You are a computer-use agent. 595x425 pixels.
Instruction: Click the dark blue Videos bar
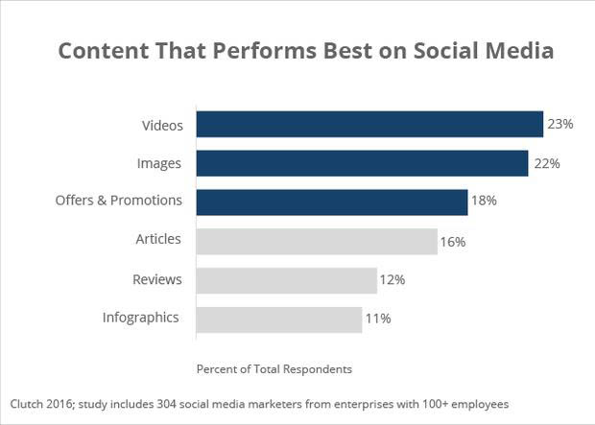(x=369, y=125)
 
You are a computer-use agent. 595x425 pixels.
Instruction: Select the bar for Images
(x=362, y=163)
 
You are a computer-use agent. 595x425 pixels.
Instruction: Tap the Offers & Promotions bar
(x=331, y=201)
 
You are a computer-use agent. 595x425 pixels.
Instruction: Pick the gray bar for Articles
(x=317, y=241)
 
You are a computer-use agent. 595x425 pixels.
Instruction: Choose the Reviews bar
(x=286, y=280)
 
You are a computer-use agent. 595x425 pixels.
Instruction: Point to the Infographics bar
(x=278, y=319)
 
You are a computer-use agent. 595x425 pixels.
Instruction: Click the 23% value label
(x=560, y=125)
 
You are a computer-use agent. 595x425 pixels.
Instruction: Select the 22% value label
(x=546, y=164)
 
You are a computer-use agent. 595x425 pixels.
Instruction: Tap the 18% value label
(x=483, y=202)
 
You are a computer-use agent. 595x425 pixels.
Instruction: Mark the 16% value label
(x=453, y=242)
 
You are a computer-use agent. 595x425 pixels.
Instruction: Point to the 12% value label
(x=393, y=280)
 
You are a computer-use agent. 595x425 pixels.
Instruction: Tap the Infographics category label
(x=141, y=318)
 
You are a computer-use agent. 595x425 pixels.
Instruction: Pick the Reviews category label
(x=156, y=279)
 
